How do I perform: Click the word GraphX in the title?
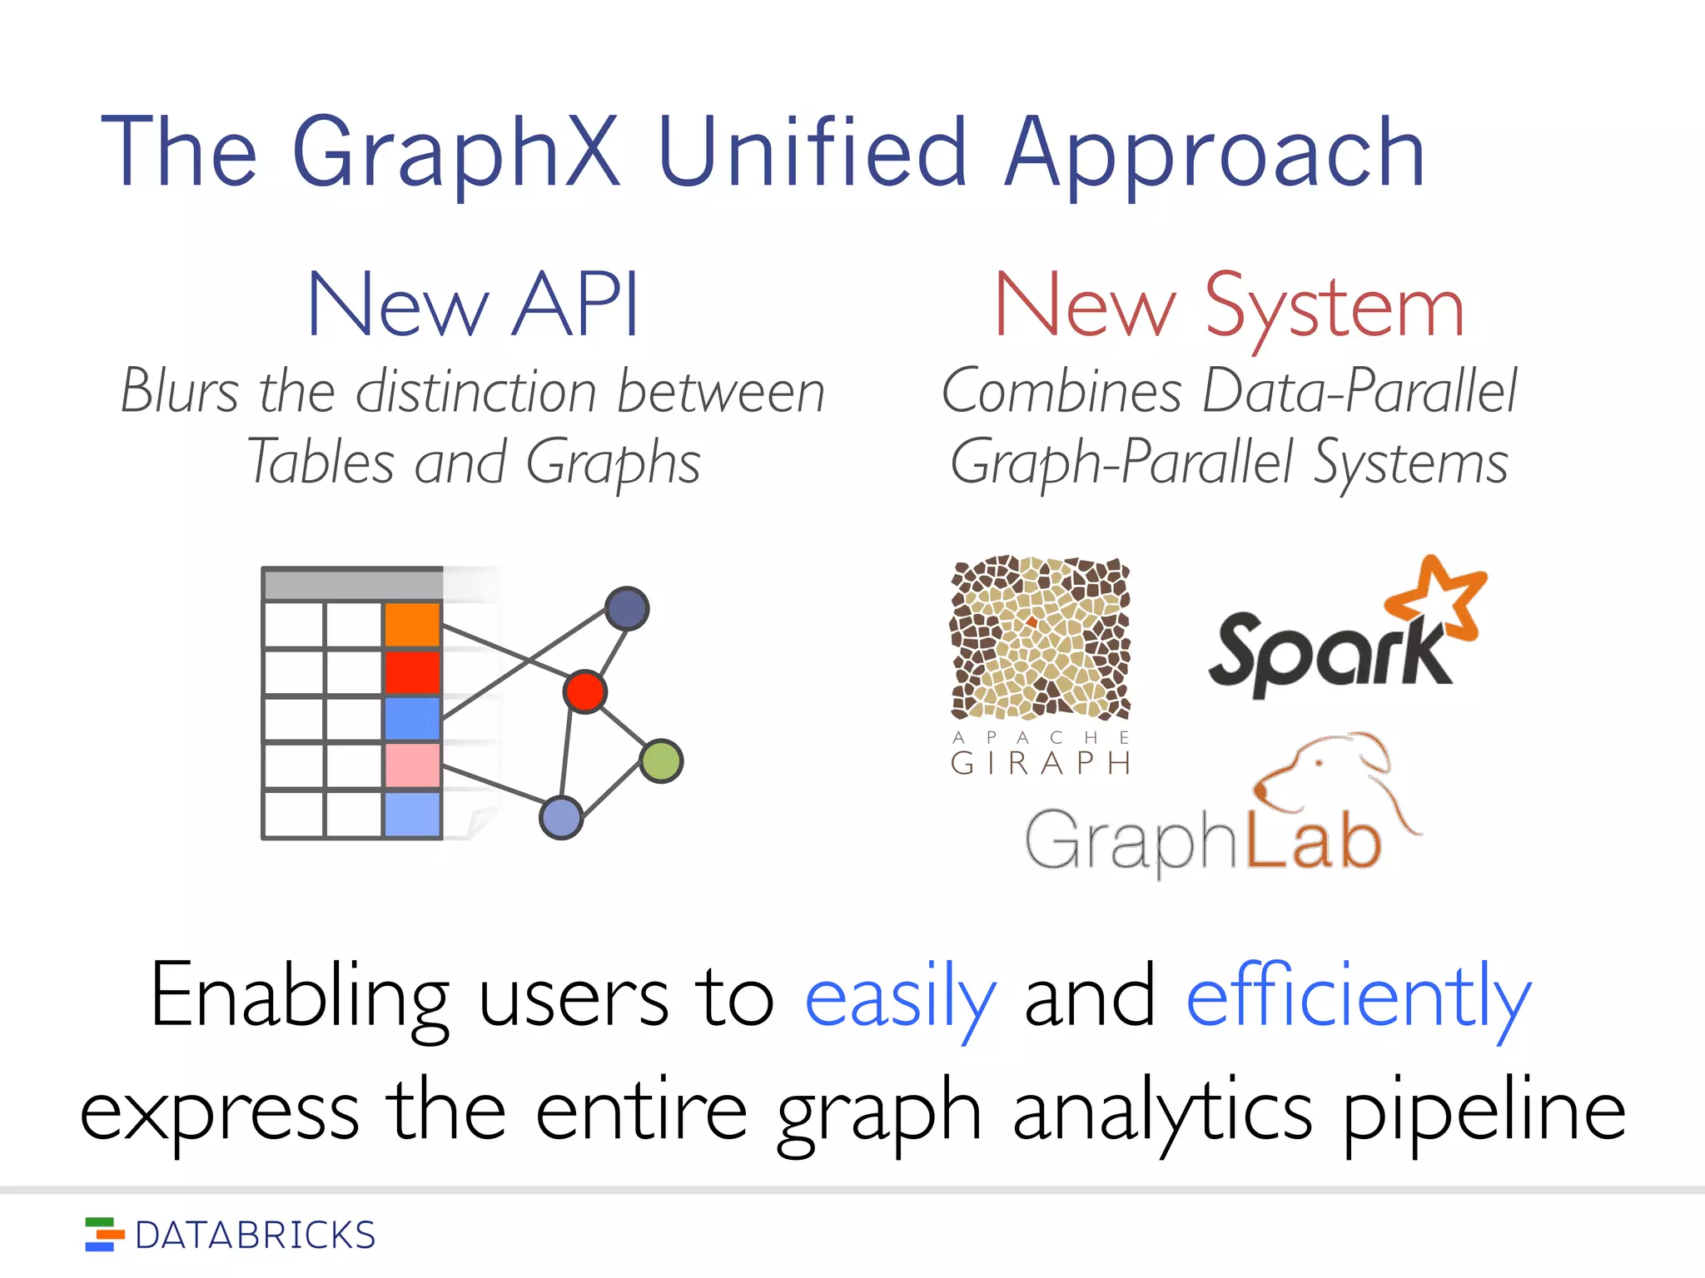456,154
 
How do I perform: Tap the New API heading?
473,305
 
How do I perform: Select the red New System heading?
1229,307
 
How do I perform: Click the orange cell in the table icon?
412,624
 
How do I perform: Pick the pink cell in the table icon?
412,765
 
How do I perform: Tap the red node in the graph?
584,691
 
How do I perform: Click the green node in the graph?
662,760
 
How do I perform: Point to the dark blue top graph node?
627,608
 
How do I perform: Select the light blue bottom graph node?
561,817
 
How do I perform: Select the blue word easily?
900,998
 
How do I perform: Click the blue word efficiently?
1358,998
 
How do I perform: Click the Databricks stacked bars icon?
104,1234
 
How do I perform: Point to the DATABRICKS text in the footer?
255,1236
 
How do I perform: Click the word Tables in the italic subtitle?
321,462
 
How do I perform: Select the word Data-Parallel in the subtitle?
1360,390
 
